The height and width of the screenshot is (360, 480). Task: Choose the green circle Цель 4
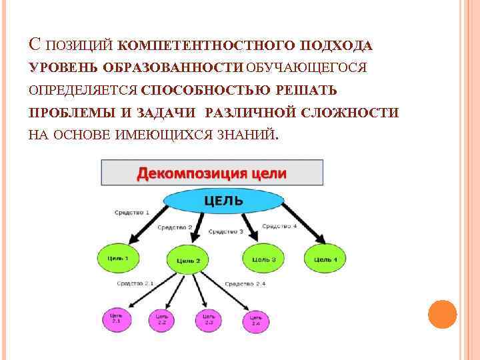(x=325, y=258)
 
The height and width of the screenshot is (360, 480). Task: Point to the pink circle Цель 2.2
(x=162, y=321)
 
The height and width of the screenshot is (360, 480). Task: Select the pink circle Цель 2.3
(x=209, y=321)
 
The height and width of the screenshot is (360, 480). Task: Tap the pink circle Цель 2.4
(x=256, y=321)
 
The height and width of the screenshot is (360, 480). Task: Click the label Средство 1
(x=131, y=212)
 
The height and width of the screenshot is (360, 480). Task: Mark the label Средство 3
(x=226, y=231)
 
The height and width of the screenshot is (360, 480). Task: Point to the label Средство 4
(x=279, y=226)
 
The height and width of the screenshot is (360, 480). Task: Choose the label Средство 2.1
(x=135, y=283)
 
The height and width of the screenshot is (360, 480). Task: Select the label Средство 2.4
(x=245, y=284)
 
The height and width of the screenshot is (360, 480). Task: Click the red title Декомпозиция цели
(x=211, y=173)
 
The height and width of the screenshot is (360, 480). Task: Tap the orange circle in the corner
(x=442, y=313)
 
